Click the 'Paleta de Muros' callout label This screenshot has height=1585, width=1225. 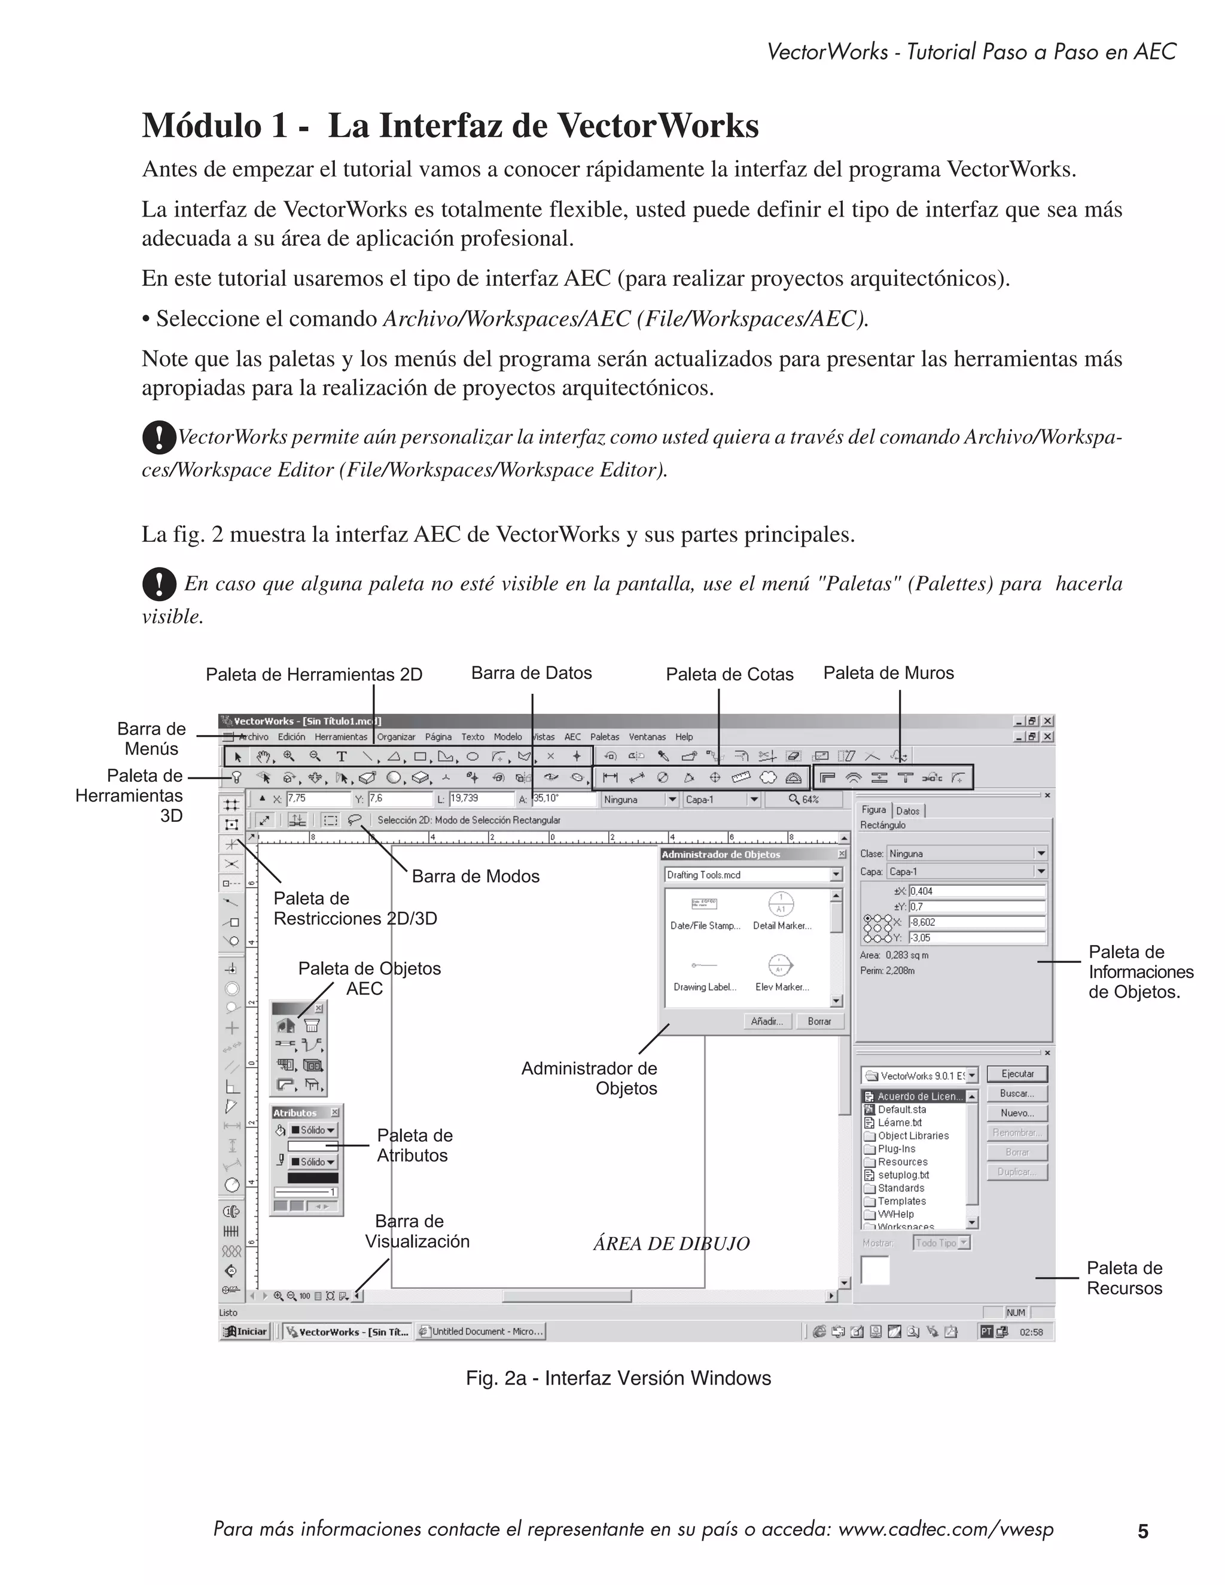(x=888, y=673)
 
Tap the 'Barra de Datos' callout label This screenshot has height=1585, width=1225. (x=531, y=673)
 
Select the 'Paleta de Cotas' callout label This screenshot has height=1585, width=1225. (x=729, y=674)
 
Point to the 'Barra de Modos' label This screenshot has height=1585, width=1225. (x=476, y=876)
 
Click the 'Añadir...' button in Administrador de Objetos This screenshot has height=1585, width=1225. (x=766, y=1021)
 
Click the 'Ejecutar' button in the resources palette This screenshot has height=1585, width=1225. (x=1017, y=1074)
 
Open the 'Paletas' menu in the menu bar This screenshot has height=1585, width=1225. (x=605, y=737)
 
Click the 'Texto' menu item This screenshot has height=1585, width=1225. (x=473, y=737)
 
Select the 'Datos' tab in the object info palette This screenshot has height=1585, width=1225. (x=908, y=810)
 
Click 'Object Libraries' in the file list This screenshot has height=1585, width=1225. (x=913, y=1136)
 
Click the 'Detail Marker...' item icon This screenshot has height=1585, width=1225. (x=781, y=904)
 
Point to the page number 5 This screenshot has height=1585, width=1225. (x=1143, y=1531)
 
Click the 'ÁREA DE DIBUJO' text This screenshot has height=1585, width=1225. (x=671, y=1244)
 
